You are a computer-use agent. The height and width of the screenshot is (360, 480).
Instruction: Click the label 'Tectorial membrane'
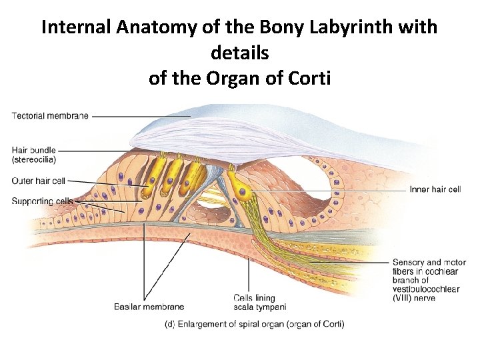[49, 116]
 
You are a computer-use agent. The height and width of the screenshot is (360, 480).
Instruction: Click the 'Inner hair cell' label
[435, 189]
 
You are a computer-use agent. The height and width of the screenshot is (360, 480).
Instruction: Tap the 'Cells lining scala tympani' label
[259, 303]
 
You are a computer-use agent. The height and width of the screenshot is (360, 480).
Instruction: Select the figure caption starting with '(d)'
[254, 324]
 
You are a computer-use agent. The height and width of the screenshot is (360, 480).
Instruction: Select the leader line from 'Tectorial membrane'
[140, 116]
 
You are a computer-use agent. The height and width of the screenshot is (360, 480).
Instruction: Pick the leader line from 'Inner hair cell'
[333, 190]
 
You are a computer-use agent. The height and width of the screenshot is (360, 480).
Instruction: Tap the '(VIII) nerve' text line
[414, 298]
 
